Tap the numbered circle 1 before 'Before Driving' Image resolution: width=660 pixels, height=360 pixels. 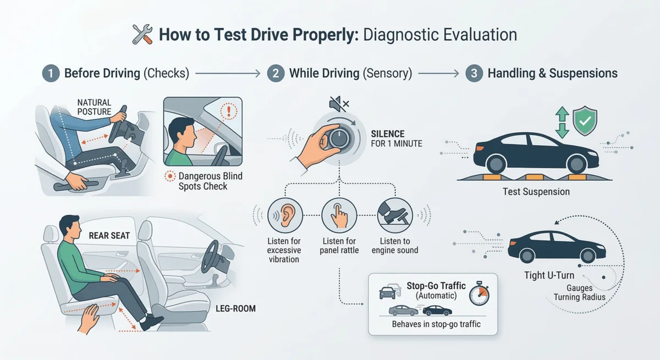point(51,73)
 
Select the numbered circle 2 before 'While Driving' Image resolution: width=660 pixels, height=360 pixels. point(276,73)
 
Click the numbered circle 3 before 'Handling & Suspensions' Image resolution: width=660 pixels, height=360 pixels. point(474,73)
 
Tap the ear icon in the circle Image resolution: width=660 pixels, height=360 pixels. point(284,215)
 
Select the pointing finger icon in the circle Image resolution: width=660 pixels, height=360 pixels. point(339,215)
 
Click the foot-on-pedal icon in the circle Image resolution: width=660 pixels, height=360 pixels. point(394,215)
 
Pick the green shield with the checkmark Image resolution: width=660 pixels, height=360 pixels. point(585,121)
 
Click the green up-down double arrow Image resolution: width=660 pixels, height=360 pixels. point(562,122)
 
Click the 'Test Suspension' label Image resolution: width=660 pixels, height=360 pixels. point(536,192)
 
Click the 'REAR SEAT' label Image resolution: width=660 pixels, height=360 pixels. point(109,236)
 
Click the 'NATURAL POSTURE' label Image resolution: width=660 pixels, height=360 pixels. point(94,107)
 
